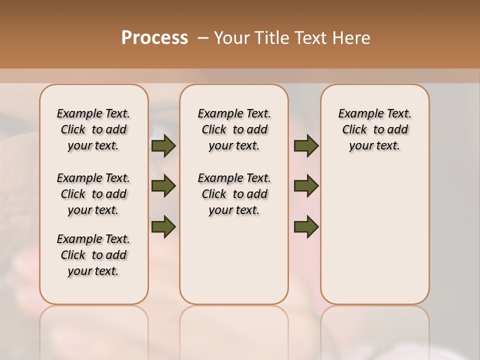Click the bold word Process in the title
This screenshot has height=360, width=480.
pyautogui.click(x=154, y=38)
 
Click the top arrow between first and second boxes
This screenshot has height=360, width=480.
pyautogui.click(x=163, y=146)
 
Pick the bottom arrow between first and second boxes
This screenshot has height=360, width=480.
pyautogui.click(x=163, y=226)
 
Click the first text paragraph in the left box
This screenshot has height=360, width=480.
pyautogui.click(x=93, y=129)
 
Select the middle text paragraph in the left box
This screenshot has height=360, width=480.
pyautogui.click(x=93, y=194)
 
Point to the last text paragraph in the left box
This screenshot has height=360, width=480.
pyautogui.click(x=93, y=255)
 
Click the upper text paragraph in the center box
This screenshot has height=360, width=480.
pyautogui.click(x=234, y=129)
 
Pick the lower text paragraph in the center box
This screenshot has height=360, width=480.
pyautogui.click(x=234, y=194)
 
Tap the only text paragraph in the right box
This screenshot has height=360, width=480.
pyautogui.click(x=374, y=129)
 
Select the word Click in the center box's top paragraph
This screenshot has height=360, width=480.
pyautogui.click(x=214, y=130)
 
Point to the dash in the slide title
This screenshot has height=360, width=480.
pyautogui.click(x=203, y=38)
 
